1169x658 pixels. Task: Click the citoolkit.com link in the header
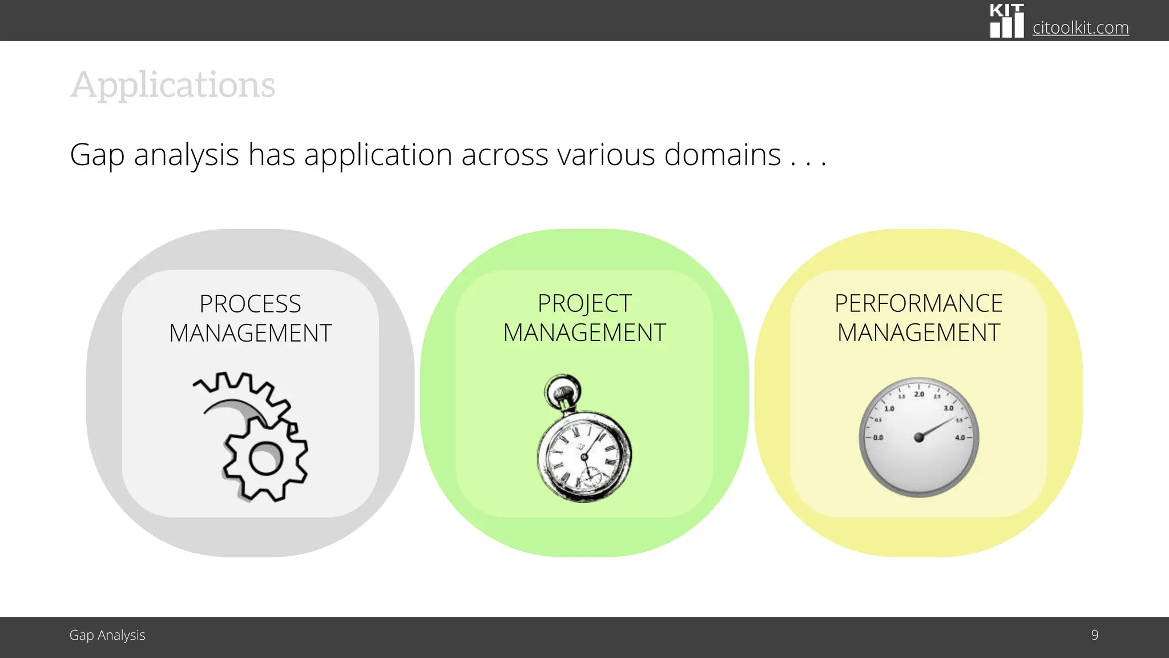click(1080, 27)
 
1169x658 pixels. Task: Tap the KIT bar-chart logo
click(1006, 21)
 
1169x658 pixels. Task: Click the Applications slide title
click(173, 85)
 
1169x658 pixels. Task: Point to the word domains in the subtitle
click(722, 155)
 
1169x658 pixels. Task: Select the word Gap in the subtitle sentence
click(97, 155)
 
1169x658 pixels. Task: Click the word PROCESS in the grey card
click(250, 304)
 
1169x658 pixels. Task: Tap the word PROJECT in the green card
click(584, 303)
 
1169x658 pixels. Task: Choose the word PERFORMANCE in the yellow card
click(918, 303)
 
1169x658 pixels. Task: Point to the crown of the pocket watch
click(563, 392)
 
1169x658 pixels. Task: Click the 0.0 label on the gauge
click(878, 438)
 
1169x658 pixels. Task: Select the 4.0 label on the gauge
click(960, 438)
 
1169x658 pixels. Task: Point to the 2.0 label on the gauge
click(919, 394)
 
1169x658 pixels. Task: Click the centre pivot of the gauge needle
click(918, 438)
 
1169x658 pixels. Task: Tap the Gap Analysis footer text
click(107, 635)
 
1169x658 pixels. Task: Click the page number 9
click(1094, 635)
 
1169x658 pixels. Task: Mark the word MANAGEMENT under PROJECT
click(584, 333)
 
